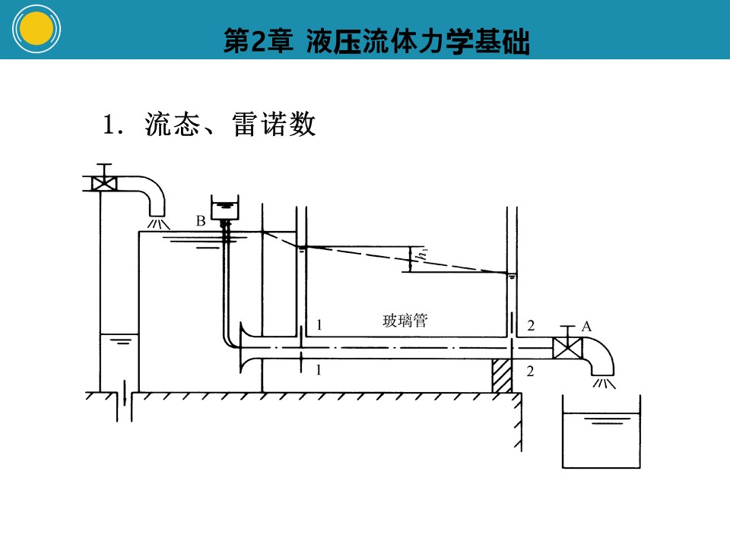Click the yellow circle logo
click(x=36, y=29)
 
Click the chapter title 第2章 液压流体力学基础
click(x=376, y=41)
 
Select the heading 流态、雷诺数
click(x=230, y=124)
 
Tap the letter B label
click(x=201, y=220)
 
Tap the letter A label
click(x=586, y=327)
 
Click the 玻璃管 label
click(x=405, y=321)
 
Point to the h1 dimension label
click(x=423, y=254)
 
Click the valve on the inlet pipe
click(x=104, y=183)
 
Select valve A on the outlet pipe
click(x=567, y=347)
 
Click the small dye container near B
click(x=225, y=207)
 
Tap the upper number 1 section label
click(x=319, y=324)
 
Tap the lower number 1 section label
click(x=319, y=370)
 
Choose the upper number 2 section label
click(x=531, y=326)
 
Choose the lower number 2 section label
click(x=530, y=371)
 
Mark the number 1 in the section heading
click(x=108, y=125)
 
